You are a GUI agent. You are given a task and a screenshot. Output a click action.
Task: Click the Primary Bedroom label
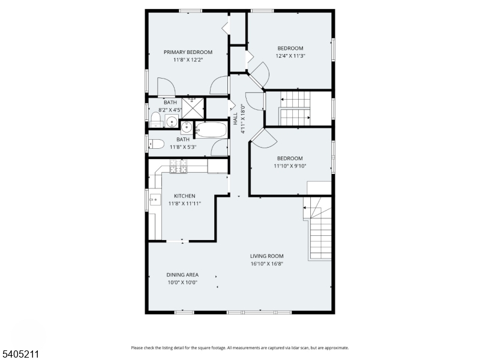point(188,52)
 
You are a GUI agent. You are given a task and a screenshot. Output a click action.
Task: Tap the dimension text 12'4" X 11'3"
point(290,56)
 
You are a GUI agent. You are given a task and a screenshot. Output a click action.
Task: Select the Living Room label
point(267,256)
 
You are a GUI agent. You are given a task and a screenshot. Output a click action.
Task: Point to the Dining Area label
point(182,275)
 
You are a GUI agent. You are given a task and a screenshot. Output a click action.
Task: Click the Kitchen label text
point(184,196)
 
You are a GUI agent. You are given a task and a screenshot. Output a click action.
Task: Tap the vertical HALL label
point(236,119)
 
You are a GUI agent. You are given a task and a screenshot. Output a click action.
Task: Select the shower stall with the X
point(193,107)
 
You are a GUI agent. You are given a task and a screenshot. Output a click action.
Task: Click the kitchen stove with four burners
point(179,166)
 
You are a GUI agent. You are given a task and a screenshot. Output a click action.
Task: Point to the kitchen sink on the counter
point(154,199)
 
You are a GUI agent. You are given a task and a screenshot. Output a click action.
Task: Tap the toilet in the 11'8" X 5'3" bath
point(156,144)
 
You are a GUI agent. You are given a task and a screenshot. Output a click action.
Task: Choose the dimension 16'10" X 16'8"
point(267,263)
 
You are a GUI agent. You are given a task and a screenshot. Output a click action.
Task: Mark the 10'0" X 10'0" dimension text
point(182,282)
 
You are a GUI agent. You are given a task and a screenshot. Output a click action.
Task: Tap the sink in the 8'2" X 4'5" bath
point(171,122)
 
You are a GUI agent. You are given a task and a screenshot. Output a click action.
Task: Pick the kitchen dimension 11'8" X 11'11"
point(184,203)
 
